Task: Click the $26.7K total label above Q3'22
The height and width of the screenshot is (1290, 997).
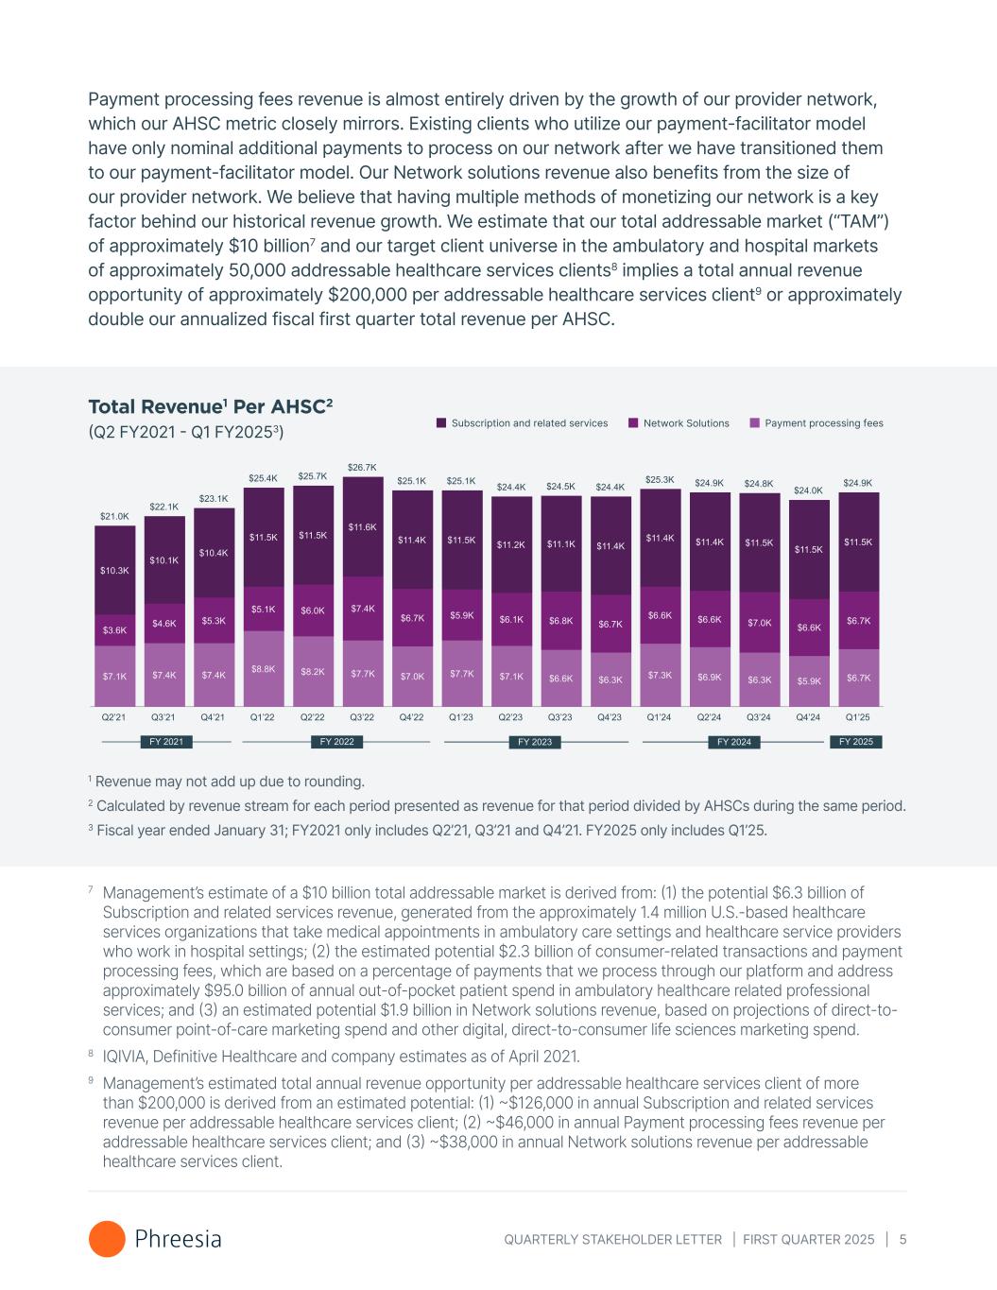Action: click(363, 467)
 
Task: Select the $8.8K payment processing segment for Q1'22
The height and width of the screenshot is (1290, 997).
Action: click(263, 668)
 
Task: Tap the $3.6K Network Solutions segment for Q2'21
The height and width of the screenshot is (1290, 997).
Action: click(114, 629)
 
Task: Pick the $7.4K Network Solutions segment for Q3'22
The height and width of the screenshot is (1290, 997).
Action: click(363, 609)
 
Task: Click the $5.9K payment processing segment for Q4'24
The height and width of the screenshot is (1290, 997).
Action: click(809, 680)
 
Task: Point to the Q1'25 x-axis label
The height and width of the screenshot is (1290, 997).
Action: click(858, 717)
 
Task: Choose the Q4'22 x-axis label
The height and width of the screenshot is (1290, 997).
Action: click(412, 717)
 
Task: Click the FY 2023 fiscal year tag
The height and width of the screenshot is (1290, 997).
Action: click(535, 742)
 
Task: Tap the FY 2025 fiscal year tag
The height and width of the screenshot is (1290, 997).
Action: click(856, 742)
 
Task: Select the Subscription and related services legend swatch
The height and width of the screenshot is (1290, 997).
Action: click(440, 423)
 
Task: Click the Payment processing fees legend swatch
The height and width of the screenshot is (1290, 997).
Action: click(754, 423)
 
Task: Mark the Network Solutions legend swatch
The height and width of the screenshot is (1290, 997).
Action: click(633, 423)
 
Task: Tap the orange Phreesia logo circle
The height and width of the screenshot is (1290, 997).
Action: click(107, 1239)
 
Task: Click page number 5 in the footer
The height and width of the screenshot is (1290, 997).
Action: click(903, 1239)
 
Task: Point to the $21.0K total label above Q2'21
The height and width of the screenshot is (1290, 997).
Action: click(114, 516)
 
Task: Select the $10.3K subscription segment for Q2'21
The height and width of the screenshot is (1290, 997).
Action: click(114, 570)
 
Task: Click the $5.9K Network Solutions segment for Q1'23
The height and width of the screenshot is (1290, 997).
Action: click(461, 615)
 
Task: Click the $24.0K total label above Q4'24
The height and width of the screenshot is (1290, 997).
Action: click(809, 490)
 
